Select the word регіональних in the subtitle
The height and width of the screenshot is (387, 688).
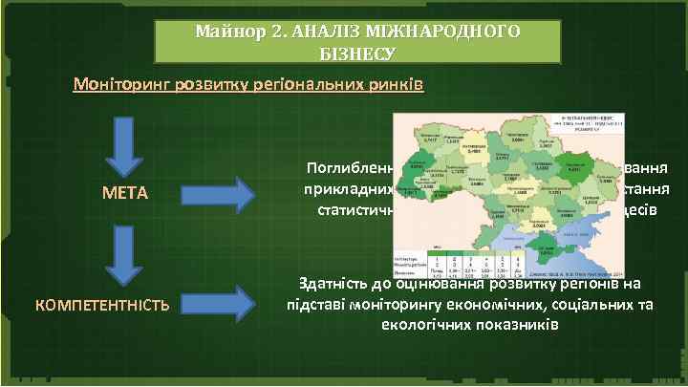point(309,85)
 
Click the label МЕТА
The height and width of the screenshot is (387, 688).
point(125,193)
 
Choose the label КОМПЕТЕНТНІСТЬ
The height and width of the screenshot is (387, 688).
point(102,305)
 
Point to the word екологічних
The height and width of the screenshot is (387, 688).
point(407,324)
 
